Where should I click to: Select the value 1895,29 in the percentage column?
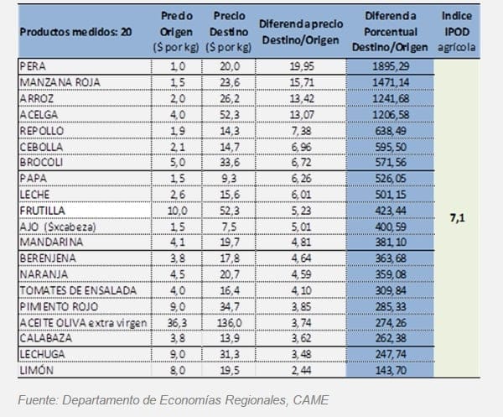click(390, 66)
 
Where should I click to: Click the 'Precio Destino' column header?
click(229, 32)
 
